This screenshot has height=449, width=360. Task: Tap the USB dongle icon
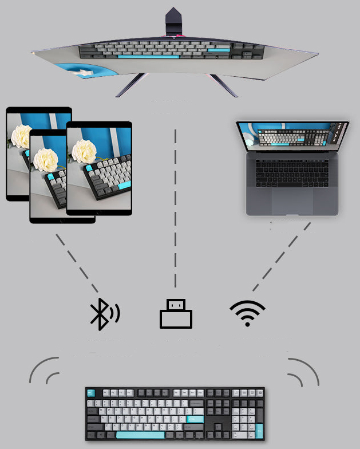[176, 314]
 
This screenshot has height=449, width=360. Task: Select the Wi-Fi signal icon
[247, 313]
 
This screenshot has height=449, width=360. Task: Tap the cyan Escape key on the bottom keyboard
[90, 393]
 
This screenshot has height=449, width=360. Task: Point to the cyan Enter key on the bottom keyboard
[195, 419]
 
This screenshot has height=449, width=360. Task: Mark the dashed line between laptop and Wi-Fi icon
[281, 256]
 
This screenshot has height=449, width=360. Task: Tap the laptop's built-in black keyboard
[292, 171]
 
